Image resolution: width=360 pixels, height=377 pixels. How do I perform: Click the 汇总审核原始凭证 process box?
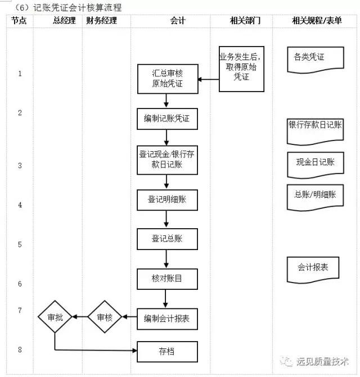point(168,79)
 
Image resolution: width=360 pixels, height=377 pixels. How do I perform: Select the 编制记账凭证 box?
point(168,119)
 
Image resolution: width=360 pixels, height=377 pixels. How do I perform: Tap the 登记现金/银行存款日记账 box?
point(168,160)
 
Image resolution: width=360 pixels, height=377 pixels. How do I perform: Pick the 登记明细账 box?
point(168,199)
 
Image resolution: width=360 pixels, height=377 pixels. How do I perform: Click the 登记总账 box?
point(168,239)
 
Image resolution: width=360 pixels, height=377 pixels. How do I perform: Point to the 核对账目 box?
point(168,279)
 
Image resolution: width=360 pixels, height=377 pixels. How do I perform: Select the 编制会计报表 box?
point(168,319)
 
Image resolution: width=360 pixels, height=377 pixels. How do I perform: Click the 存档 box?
point(168,352)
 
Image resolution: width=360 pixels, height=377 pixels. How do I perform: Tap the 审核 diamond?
point(105,317)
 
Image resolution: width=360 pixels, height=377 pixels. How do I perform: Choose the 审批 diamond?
point(55,317)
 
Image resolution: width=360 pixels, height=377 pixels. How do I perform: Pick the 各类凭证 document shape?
point(309,58)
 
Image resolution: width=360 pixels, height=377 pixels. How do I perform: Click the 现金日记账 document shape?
point(315,163)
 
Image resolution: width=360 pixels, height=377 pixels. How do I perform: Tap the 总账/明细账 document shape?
point(315,196)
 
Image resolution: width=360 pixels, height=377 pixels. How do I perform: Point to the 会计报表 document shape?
point(313,267)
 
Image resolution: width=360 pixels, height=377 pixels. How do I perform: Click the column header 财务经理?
point(102,21)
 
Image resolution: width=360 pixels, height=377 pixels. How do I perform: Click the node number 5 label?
point(20,245)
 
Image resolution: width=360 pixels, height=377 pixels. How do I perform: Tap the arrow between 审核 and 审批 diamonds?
point(80,317)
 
